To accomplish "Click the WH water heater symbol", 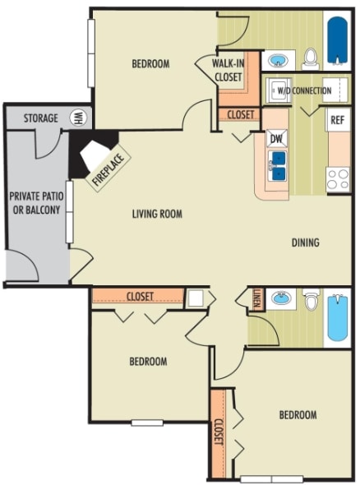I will [79, 118].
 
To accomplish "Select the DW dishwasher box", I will [277, 138].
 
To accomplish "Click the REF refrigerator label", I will [337, 120].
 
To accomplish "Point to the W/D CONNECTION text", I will [305, 90].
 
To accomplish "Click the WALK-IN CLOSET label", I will [228, 70].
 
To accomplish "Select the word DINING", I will [305, 242].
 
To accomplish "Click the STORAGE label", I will [40, 118].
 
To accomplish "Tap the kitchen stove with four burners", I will [338, 178].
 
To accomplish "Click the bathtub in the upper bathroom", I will [338, 41].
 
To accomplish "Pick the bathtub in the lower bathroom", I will [338, 317].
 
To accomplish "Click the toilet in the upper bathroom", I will [311, 58].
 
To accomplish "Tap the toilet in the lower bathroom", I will [311, 301].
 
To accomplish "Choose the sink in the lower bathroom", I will [282, 298].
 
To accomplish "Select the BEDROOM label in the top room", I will [150, 64].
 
